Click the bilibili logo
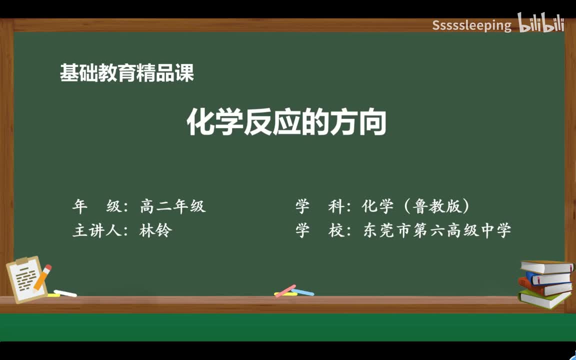(541, 24)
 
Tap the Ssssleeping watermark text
(471, 25)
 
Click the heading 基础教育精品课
(127, 73)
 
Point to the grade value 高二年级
(173, 206)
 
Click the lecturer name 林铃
(155, 230)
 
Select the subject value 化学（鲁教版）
(416, 206)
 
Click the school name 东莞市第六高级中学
(437, 230)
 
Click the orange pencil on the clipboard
(42, 277)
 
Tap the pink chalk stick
(285, 290)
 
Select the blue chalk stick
(303, 291)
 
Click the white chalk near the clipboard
(65, 293)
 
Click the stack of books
(545, 283)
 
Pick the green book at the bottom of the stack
(544, 299)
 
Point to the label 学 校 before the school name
(317, 230)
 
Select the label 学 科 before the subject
(317, 206)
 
